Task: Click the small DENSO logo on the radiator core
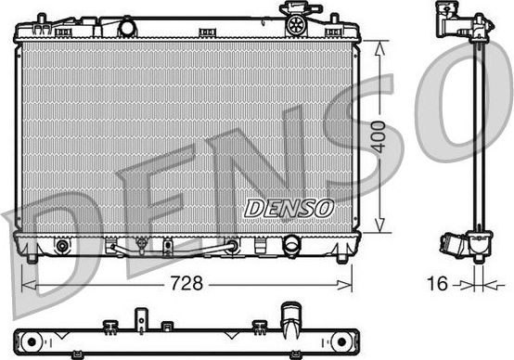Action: tap(289, 208)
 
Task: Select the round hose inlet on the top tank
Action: tap(127, 27)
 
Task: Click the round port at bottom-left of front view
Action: tap(63, 247)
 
